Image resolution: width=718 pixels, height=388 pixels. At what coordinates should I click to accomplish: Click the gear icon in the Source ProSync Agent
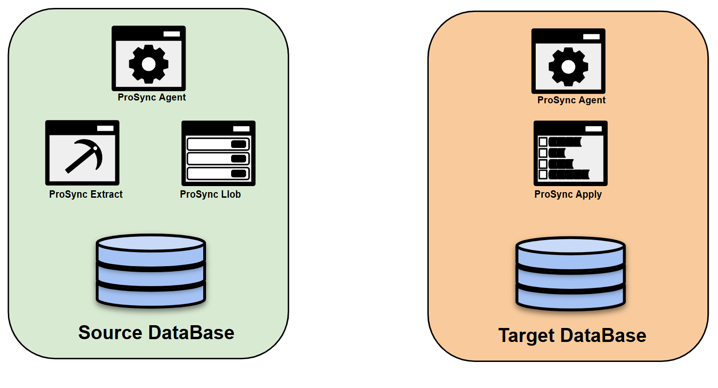(x=149, y=64)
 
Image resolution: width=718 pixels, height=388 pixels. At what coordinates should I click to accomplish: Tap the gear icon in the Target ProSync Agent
(x=568, y=67)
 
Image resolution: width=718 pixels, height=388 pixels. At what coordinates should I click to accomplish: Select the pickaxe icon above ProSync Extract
(x=84, y=155)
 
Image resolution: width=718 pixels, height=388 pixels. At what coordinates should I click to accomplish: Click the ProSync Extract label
(x=86, y=194)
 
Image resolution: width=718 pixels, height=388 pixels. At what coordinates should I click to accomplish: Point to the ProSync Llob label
(x=210, y=194)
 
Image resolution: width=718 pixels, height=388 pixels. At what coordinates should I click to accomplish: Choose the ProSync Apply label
(x=568, y=194)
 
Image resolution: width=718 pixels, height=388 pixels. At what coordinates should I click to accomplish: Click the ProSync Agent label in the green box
(x=152, y=97)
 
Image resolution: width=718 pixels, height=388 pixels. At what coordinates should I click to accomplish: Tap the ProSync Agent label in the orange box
(x=572, y=100)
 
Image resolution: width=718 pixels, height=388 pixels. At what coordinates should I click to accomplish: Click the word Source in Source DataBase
(x=111, y=333)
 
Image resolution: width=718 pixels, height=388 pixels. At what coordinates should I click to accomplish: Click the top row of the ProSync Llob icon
(x=218, y=144)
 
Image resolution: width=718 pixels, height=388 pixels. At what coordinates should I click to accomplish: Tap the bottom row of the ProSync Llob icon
(x=218, y=174)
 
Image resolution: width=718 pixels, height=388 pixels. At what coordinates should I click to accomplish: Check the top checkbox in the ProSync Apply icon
(x=543, y=142)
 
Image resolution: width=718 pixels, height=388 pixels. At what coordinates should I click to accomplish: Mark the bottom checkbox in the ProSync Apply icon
(x=543, y=174)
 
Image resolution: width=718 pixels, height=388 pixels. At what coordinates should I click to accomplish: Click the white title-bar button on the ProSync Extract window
(x=105, y=128)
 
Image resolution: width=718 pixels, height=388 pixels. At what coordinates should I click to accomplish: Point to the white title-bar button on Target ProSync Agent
(x=592, y=36)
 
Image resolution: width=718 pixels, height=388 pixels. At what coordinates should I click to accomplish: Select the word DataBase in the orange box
(x=603, y=335)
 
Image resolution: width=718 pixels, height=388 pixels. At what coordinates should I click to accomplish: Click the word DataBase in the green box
(x=191, y=333)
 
